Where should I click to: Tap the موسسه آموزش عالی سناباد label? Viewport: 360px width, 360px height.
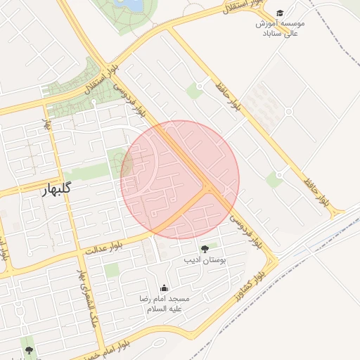tap(281, 28)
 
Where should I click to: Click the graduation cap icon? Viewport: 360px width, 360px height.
tap(281, 13)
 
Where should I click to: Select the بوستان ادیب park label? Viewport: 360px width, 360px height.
tap(205, 261)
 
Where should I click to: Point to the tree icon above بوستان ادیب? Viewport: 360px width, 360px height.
tap(205, 249)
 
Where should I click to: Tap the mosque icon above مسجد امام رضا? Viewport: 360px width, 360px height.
tap(165, 288)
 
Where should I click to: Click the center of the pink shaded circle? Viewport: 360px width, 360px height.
tap(180, 179)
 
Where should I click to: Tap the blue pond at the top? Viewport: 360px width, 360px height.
tap(131, 5)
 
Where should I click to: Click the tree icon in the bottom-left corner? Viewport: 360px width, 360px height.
tap(29, 349)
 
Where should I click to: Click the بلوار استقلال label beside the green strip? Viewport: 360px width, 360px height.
tap(105, 82)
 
